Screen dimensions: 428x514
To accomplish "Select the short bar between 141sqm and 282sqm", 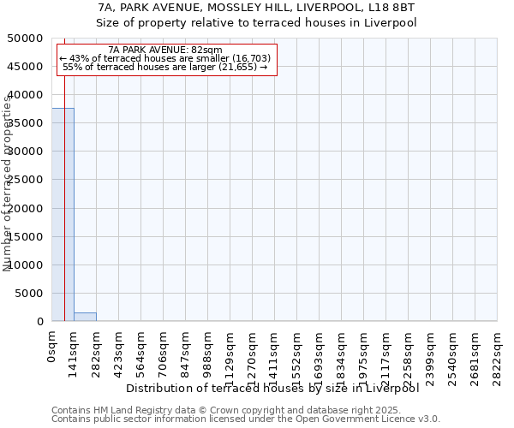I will [x=85, y=317].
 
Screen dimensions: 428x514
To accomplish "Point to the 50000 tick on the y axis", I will [x=27, y=39].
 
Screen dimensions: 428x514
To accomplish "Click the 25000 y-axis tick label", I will [x=27, y=180].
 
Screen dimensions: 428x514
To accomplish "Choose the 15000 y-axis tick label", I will [x=27, y=237].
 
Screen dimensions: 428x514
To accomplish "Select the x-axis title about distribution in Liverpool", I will [x=278, y=389].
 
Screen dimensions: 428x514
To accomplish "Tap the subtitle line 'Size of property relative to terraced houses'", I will [x=256, y=23].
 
